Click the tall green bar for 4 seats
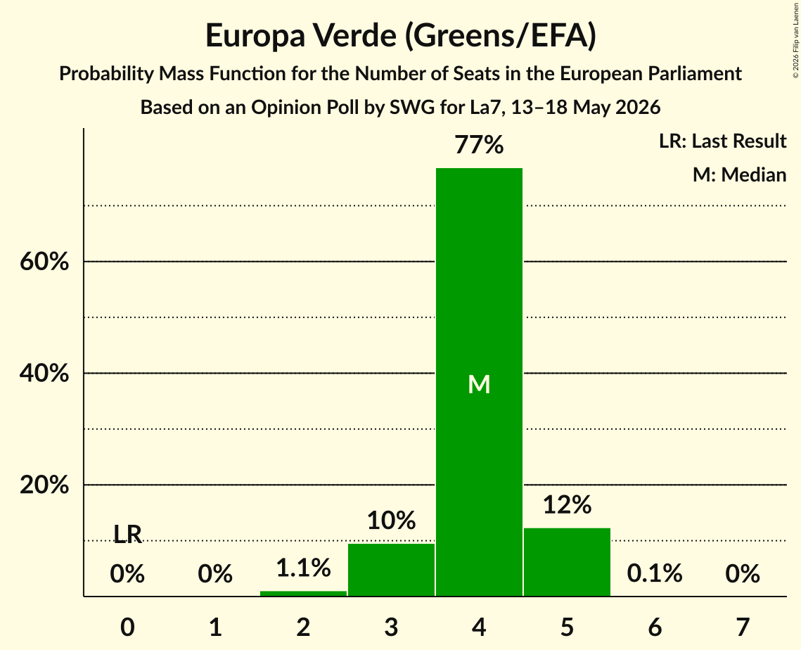coord(479,382)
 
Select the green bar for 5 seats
coord(567,561)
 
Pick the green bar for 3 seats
coord(391,569)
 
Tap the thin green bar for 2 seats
coord(303,593)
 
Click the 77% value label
coord(479,145)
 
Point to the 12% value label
coord(567,505)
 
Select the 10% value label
coord(391,521)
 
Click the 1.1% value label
coord(303,568)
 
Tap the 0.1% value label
coord(655,573)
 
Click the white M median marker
coord(479,384)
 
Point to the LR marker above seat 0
coord(127,535)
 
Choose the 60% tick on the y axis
coord(44,262)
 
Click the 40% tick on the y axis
coord(44,374)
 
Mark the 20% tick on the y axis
coord(44,485)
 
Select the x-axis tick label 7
coord(743,627)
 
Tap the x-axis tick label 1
coord(216,627)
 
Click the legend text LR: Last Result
coord(723,141)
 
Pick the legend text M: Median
coord(740,174)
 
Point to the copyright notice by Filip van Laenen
coord(795,40)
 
